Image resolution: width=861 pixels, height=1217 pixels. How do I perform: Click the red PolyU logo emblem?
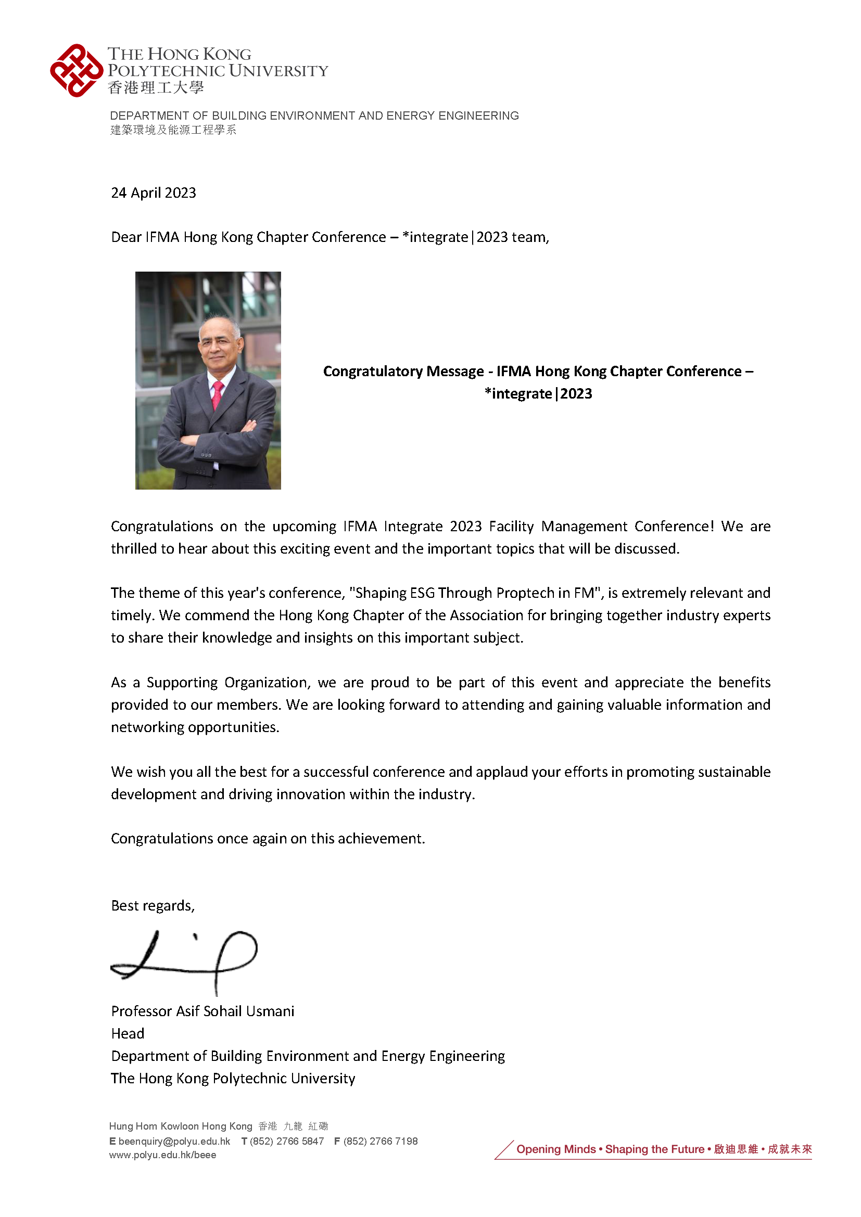(x=77, y=70)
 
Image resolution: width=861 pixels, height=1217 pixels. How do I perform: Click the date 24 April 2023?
(x=153, y=193)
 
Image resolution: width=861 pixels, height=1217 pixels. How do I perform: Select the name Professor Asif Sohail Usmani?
(x=202, y=1011)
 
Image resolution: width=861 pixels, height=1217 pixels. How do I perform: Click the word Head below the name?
(x=127, y=1034)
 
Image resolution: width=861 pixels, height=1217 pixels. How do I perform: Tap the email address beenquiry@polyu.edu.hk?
(x=174, y=1141)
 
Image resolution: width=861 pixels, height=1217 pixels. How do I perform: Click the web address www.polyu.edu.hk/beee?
(x=162, y=1155)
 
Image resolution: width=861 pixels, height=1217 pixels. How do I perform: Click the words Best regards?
(x=153, y=906)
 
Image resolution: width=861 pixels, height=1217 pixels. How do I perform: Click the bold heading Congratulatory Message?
(x=403, y=371)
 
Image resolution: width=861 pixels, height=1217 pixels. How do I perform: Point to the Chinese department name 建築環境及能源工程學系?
(x=173, y=130)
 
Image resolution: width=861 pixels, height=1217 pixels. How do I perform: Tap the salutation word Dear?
(x=125, y=237)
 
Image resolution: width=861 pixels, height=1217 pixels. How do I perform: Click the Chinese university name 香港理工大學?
(x=155, y=87)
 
